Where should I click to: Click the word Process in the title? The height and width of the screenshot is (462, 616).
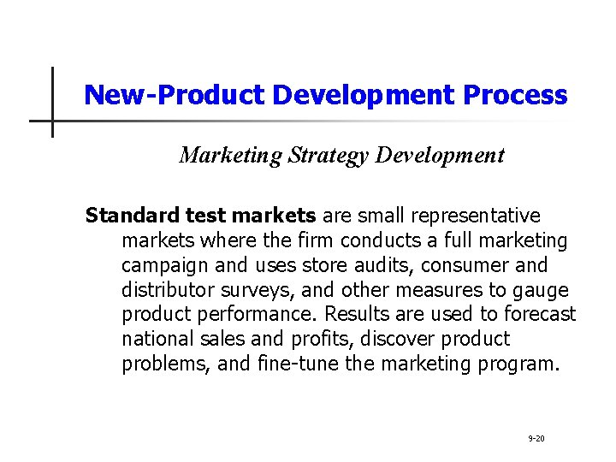click(515, 95)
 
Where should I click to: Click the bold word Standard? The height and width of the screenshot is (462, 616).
click(127, 214)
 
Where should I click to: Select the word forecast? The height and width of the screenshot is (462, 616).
click(541, 314)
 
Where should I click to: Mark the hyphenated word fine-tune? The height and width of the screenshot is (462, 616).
click(296, 364)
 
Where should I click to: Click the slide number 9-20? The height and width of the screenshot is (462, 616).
click(536, 438)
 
